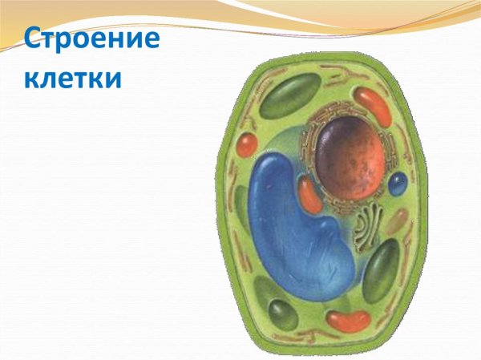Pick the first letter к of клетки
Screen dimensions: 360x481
(30, 79)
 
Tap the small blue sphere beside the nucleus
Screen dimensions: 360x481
(398, 185)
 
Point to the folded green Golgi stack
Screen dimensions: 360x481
(370, 224)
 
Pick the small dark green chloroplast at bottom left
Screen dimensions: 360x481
(281, 313)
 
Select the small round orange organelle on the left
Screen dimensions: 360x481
(246, 145)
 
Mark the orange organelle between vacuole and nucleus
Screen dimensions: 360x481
(310, 195)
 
